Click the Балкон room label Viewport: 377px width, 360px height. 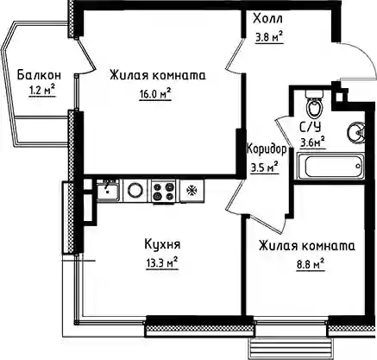tap(39, 75)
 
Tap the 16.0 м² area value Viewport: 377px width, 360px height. tap(155, 94)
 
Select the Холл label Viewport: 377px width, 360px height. tap(267, 19)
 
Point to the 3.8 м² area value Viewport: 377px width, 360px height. tap(269, 36)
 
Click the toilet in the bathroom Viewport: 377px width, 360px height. tap(314, 104)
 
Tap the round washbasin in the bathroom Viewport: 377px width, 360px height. tap(355, 133)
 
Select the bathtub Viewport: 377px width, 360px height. tap(330, 167)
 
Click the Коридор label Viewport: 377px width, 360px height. tap(267, 149)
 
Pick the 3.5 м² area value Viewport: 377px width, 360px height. tap(265, 167)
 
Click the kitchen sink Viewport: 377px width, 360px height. tap(109, 190)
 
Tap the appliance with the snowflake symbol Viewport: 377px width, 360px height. tap(192, 191)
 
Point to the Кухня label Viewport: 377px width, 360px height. tap(162, 244)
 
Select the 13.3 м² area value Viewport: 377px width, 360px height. tap(162, 263)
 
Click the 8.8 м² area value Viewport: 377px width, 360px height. tap(311, 264)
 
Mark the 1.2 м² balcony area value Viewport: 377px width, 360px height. tap(42, 92)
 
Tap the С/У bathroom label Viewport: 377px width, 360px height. tap(311, 127)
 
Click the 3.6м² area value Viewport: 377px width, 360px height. tap(313, 142)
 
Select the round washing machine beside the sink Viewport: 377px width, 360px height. tap(135, 191)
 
